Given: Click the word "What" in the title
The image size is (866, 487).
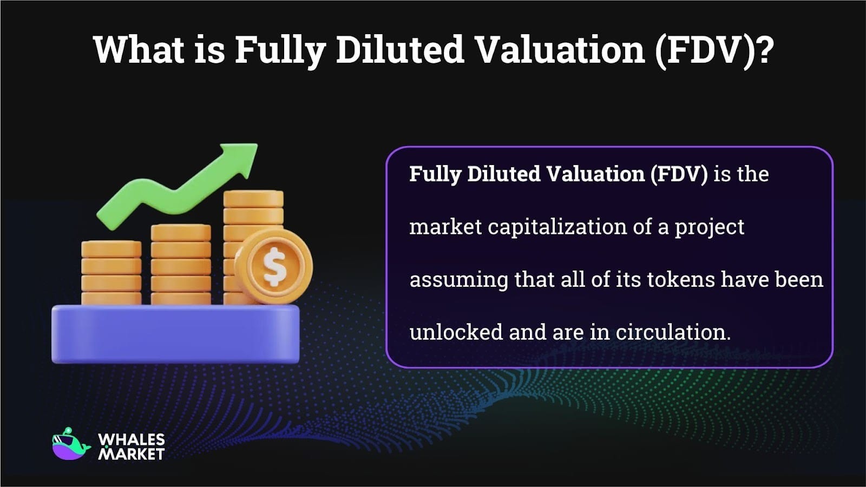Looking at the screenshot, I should [x=139, y=50].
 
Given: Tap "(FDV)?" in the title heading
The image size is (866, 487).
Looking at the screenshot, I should [x=713, y=50].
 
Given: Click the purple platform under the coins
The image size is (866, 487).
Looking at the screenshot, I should [x=175, y=334].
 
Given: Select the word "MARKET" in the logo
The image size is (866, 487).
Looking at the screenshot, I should [x=131, y=454].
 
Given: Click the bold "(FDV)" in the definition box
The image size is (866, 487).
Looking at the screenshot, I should [x=679, y=174].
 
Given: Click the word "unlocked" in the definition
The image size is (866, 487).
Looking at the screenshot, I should [x=456, y=332].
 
